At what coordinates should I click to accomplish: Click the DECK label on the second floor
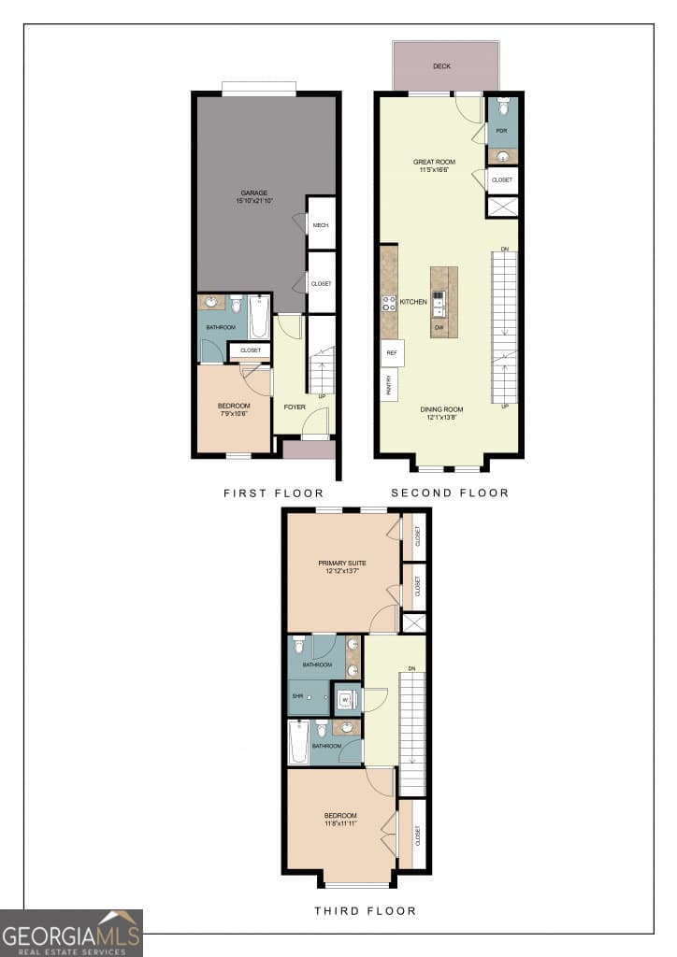[x=441, y=66]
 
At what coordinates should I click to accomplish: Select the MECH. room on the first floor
[x=321, y=225]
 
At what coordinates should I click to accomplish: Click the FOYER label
[x=295, y=407]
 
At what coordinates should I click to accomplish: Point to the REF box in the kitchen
[x=392, y=353]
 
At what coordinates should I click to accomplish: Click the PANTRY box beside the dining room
[x=386, y=384]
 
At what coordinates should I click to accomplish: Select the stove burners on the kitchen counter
[x=389, y=303]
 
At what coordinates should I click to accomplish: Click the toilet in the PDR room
[x=502, y=108]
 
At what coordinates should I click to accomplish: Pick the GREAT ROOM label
[x=434, y=162]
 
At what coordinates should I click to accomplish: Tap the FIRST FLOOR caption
[x=273, y=493]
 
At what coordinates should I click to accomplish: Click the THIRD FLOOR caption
[x=365, y=910]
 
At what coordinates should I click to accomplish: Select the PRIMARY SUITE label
[x=342, y=563]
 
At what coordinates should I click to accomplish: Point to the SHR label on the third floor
[x=298, y=696]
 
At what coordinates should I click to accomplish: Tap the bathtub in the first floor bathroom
[x=259, y=318]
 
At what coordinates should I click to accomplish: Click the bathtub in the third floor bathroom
[x=298, y=743]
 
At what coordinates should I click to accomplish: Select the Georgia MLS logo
[x=71, y=933]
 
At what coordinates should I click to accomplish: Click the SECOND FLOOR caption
[x=450, y=493]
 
